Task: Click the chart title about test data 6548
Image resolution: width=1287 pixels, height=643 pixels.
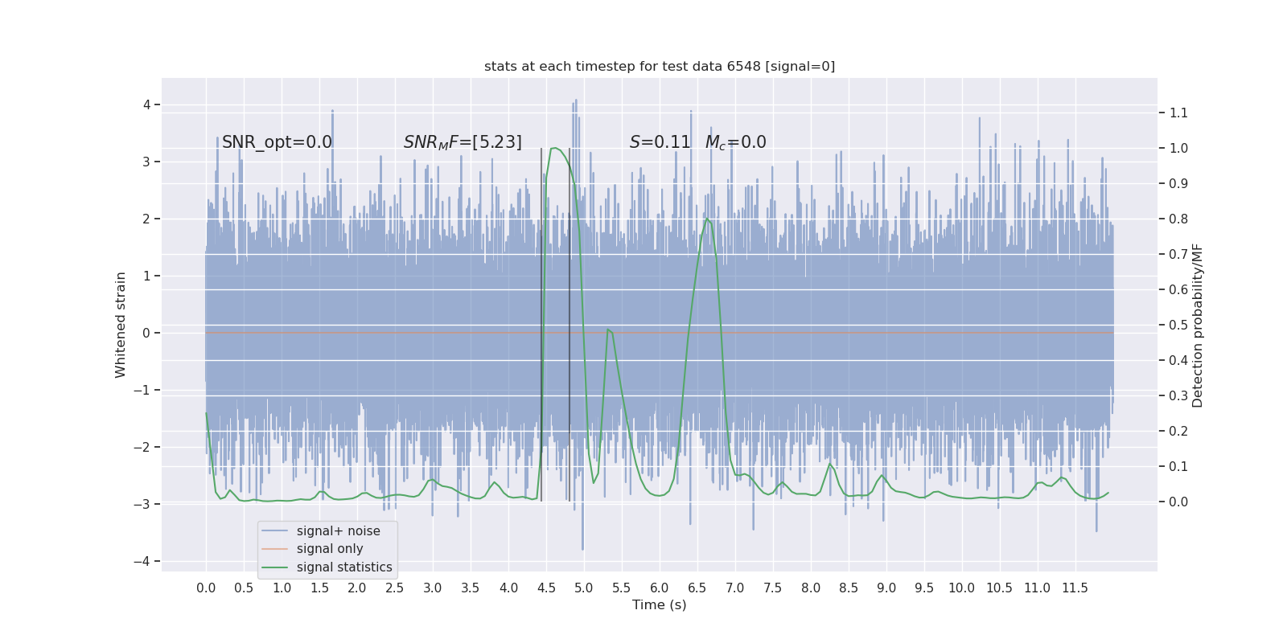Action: [660, 67]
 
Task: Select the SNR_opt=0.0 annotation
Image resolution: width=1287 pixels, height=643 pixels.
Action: [277, 142]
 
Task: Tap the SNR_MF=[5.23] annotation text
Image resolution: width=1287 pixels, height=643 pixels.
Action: [463, 142]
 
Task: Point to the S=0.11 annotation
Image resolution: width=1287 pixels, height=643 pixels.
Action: [660, 142]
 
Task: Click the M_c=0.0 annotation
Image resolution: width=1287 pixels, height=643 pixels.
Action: [735, 142]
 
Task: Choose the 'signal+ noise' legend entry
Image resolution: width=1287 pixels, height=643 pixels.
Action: [338, 531]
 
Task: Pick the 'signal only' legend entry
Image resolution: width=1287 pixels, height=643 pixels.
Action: [330, 549]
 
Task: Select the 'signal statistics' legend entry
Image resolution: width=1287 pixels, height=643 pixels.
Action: [344, 567]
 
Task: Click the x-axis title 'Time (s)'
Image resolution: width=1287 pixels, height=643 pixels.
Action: [659, 605]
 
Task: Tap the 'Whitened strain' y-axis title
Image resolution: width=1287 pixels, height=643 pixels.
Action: [121, 325]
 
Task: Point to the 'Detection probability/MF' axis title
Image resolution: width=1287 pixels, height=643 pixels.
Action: [1198, 325]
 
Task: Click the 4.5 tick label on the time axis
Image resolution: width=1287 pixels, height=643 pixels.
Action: [546, 588]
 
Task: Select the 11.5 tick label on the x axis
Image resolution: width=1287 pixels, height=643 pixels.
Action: [1075, 588]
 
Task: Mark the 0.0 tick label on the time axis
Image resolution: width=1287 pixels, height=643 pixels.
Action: [206, 588]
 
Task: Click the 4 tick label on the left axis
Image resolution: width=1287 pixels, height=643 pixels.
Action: [146, 104]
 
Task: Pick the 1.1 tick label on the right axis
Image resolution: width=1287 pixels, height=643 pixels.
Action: [1178, 113]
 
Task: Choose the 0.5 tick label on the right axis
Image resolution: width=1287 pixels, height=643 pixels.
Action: [1178, 325]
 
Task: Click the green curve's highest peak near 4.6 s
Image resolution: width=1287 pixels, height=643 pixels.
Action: [553, 148]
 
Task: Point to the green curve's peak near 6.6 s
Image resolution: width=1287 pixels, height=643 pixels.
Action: [707, 219]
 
